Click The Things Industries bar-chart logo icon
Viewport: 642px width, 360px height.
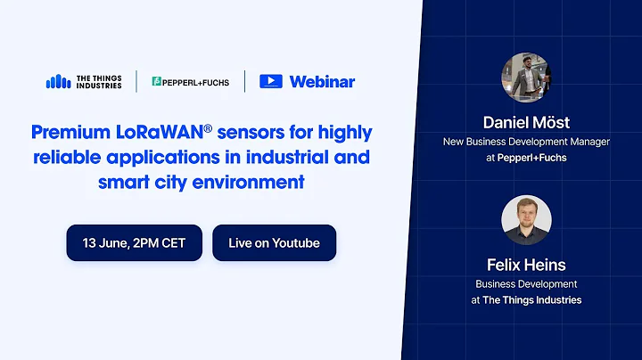[x=58, y=81]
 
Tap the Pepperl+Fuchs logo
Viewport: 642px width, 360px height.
[x=190, y=82]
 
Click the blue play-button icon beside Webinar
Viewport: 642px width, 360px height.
[x=271, y=81]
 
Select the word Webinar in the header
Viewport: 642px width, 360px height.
[x=322, y=81]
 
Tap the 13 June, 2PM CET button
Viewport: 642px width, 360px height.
[x=134, y=242]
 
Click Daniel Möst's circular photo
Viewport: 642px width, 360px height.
[x=526, y=78]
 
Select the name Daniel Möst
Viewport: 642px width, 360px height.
[x=526, y=122]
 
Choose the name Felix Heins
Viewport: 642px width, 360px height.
[x=526, y=265]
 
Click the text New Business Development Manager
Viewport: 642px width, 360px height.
[x=526, y=142]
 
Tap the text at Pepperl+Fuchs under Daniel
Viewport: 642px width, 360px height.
[x=526, y=158]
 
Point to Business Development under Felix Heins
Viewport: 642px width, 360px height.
[x=526, y=284]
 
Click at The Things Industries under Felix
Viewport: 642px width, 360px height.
[x=526, y=300]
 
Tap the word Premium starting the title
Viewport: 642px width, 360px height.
[x=64, y=134]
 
